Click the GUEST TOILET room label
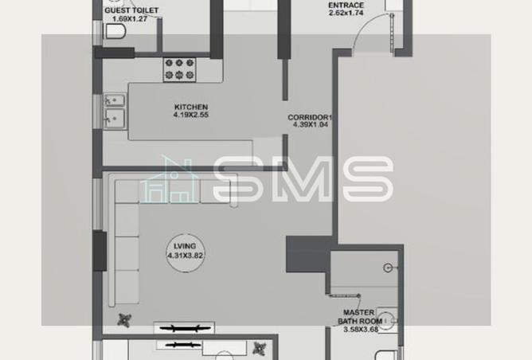(x=131, y=10)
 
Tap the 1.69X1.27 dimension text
(x=131, y=18)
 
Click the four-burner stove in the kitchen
(x=179, y=69)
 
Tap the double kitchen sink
(x=114, y=110)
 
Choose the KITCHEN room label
(x=191, y=107)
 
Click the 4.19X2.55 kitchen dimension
(x=191, y=115)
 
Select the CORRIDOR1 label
(x=310, y=117)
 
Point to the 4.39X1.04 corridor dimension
(x=310, y=125)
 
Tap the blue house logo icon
(x=169, y=179)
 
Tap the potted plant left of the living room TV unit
(x=123, y=321)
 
